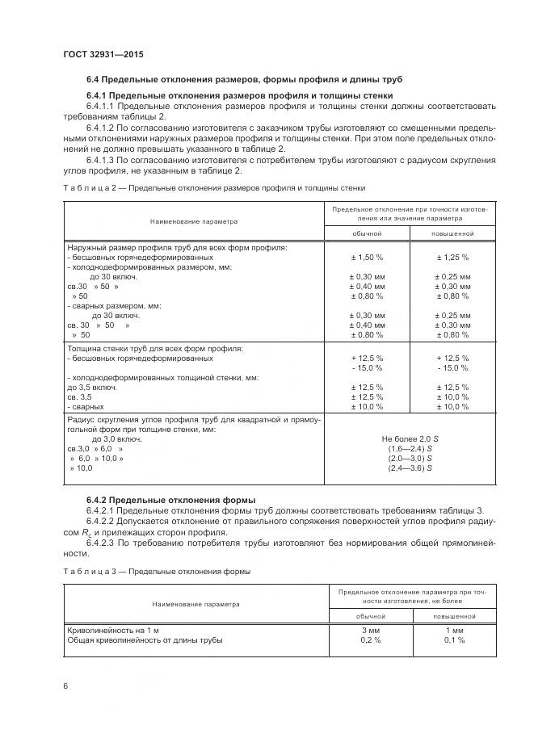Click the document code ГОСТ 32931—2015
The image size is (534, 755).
point(98,54)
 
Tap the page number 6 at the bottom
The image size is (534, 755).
point(65,686)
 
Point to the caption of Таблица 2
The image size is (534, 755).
point(214,187)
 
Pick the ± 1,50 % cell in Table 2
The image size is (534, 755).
point(367,257)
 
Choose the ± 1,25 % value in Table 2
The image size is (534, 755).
point(452,257)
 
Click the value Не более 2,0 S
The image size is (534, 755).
point(410,438)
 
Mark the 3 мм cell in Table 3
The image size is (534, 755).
point(370,630)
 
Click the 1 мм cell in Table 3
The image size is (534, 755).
point(453,630)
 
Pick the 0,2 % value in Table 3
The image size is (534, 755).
point(370,640)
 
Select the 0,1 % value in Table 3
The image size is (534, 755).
point(453,640)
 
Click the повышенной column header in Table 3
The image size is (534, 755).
point(453,615)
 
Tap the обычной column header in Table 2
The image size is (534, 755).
point(367,233)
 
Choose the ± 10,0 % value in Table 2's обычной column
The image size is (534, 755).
point(367,406)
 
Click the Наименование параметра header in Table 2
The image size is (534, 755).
point(194,220)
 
